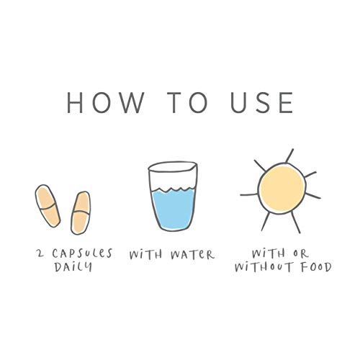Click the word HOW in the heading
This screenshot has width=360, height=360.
105,102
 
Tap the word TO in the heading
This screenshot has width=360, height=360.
187,102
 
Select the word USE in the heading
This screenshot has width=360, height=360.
261,102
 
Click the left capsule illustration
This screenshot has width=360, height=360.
48,206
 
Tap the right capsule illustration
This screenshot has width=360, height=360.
81,212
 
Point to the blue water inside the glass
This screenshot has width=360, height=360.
174,208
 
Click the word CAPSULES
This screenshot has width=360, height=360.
82,253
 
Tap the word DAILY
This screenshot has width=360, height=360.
73,266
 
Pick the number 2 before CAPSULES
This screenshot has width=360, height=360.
40,253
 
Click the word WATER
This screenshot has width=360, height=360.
192,255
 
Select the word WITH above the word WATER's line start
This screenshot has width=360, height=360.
145,255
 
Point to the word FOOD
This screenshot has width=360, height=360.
317,267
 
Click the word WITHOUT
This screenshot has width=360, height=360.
264,267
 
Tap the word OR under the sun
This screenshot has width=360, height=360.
301,253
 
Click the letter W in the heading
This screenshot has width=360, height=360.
130,102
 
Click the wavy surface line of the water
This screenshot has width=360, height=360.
173,189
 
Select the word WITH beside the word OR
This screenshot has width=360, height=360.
269,253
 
